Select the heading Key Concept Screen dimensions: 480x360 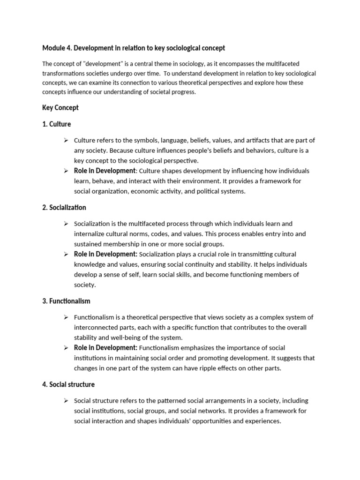point(60,107)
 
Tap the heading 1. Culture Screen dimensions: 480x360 point(57,124)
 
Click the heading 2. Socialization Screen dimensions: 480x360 point(64,207)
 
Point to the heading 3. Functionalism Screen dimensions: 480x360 point(66,301)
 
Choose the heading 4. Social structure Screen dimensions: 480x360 point(68,384)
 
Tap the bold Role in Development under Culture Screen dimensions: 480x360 point(105,171)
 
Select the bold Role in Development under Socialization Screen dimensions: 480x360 point(105,254)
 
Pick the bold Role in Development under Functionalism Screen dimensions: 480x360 point(105,348)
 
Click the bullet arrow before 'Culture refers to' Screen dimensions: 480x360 point(67,141)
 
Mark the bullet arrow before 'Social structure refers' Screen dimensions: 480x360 point(67,401)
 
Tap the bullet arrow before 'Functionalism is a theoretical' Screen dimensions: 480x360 point(67,317)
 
